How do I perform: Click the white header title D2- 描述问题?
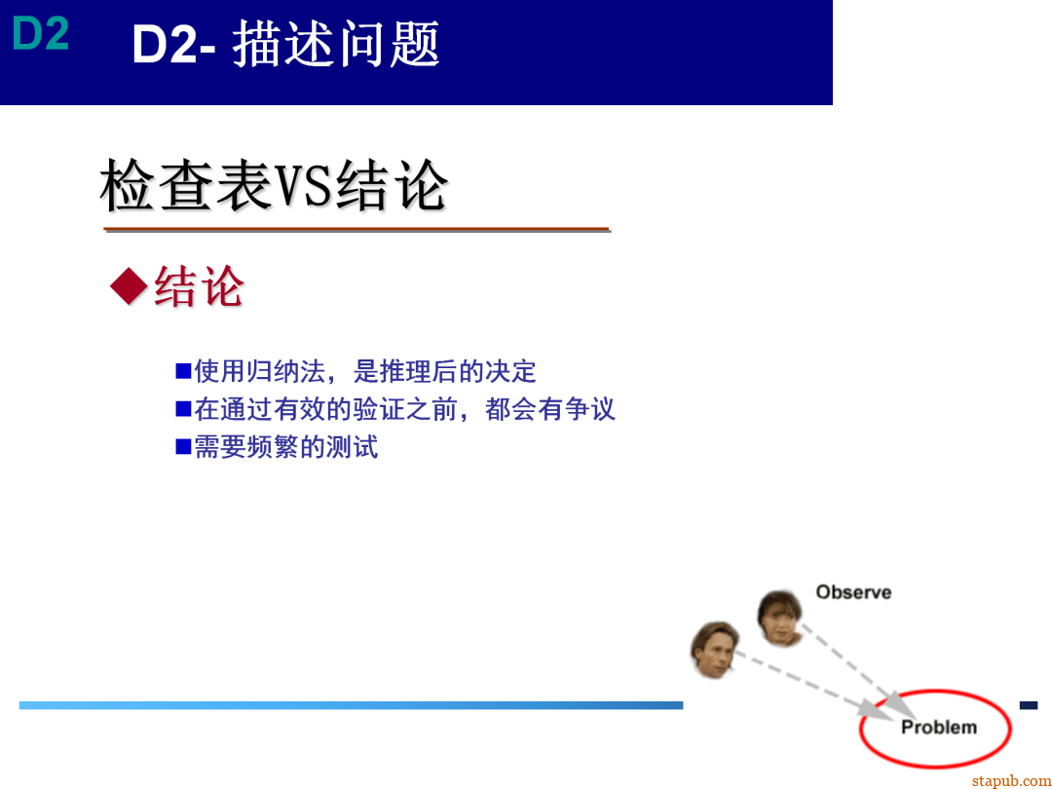click(x=285, y=45)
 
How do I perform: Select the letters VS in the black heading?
click(x=303, y=186)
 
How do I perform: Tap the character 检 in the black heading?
click(x=129, y=186)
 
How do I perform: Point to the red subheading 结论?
click(x=199, y=286)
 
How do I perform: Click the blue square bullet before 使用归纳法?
click(x=183, y=370)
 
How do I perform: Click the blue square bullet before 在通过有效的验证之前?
click(x=183, y=408)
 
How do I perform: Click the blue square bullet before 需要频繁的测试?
click(x=183, y=446)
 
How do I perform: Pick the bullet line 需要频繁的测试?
click(x=285, y=447)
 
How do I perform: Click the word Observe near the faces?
click(x=853, y=592)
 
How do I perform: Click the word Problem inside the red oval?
click(x=938, y=727)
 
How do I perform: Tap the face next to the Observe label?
click(x=780, y=618)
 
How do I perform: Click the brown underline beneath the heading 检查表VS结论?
click(x=357, y=230)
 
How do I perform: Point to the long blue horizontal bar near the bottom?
click(x=351, y=705)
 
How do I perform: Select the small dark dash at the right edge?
click(x=1028, y=704)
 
